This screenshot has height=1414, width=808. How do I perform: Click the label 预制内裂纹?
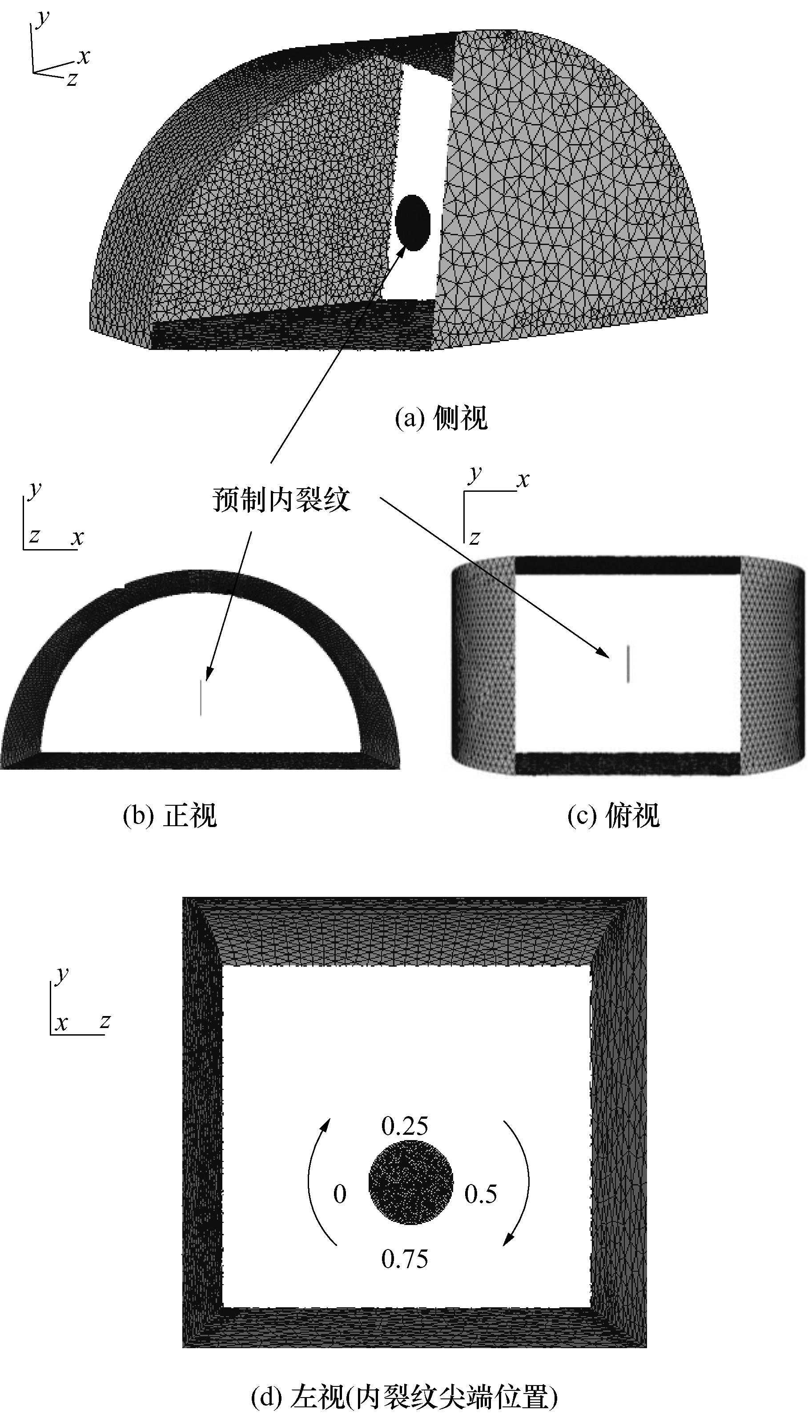click(x=282, y=499)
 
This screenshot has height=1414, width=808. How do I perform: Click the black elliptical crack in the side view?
click(x=414, y=223)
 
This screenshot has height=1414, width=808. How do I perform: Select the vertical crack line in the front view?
click(x=201, y=698)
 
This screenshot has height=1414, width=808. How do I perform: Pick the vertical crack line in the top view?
click(x=627, y=663)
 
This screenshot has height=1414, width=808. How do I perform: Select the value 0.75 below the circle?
click(x=405, y=1259)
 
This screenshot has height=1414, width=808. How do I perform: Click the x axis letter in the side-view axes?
click(x=84, y=56)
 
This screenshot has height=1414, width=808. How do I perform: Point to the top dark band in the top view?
click(x=627, y=565)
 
